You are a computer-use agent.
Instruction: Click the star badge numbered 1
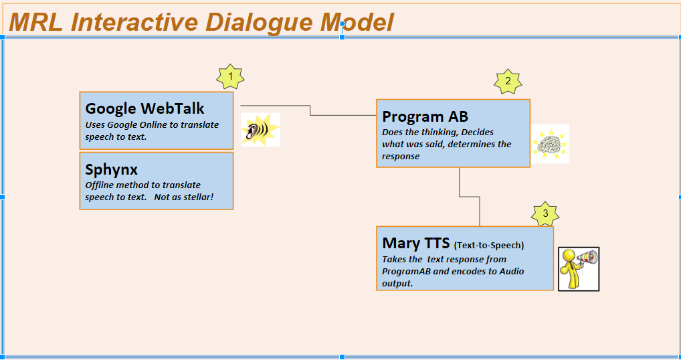coord(230,78)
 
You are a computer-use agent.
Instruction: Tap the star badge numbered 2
coord(508,82)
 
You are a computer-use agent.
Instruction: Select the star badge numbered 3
coord(545,214)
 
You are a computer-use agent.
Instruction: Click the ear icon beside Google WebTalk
coord(261,130)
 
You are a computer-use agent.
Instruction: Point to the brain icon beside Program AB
coord(550,144)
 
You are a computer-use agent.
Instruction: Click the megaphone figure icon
coord(579,269)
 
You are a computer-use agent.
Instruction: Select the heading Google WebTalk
coord(144,108)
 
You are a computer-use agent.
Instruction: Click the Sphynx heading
coord(111,169)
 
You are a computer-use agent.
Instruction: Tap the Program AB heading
coord(425,116)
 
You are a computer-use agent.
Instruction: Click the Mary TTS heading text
coord(415,243)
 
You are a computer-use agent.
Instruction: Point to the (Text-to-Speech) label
coord(489,246)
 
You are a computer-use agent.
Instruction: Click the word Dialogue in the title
coord(261,23)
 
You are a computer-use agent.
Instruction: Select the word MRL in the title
coord(35,22)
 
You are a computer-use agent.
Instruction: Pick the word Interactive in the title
coord(134,22)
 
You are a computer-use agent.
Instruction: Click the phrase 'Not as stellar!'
coord(184,197)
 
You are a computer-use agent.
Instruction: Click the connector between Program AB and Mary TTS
coord(470,197)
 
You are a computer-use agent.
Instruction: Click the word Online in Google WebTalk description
coord(154,125)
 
